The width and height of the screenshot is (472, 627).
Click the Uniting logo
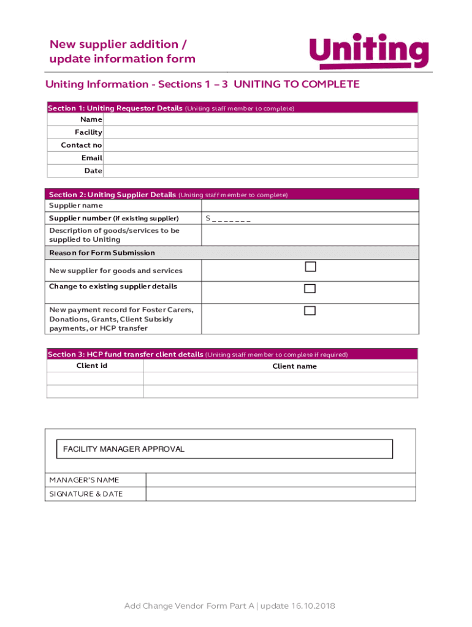coord(368,51)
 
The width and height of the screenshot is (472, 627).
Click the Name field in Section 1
coord(261,119)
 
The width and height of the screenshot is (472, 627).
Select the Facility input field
coord(261,132)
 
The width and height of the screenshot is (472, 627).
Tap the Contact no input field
coord(261,145)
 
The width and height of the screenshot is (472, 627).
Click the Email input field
coord(261,158)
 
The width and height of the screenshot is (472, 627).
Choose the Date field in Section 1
coord(261,171)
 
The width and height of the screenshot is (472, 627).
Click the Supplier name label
coord(76,206)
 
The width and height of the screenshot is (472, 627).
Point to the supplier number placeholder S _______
coord(228,219)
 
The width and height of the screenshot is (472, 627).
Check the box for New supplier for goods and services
coord(310,267)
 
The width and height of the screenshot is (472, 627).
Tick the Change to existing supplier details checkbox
coord(310,288)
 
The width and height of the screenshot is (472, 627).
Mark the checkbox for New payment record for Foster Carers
coord(310,310)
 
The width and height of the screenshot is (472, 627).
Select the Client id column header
coord(92,366)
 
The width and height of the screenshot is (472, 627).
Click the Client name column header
coord(294,366)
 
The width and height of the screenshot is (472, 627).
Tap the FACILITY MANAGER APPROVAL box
coord(224,449)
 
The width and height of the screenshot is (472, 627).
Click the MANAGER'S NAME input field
coord(280,480)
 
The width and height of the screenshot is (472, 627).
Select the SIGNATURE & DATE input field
coord(280,494)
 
